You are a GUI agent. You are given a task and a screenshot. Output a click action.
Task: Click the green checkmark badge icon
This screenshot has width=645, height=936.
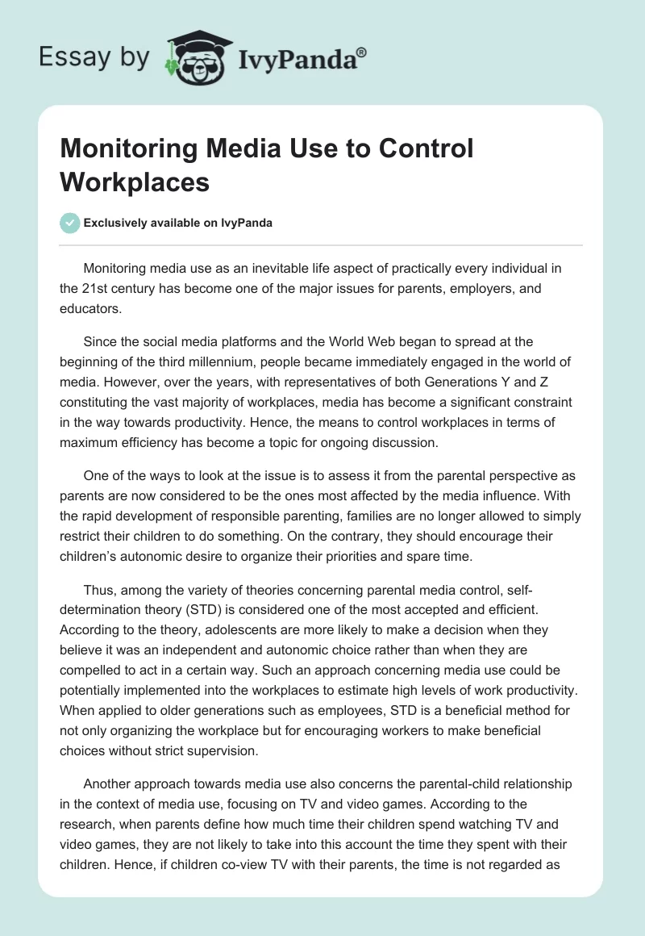[x=70, y=223]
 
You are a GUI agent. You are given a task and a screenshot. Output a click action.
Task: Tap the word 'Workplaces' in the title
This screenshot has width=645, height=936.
[x=135, y=182]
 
